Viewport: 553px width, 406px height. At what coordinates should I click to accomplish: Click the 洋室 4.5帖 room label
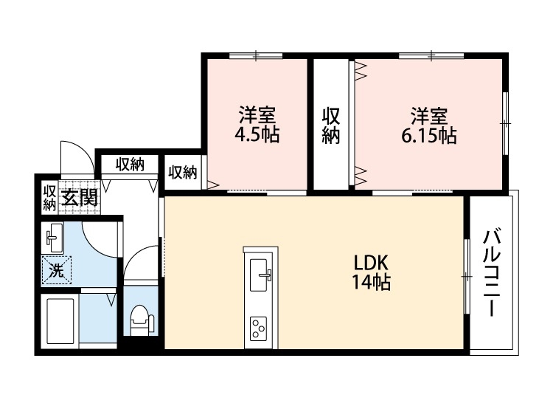(x=257, y=125)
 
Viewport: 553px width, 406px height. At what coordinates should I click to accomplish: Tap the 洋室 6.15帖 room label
(x=429, y=125)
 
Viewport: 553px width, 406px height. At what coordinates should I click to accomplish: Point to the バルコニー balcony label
(x=492, y=273)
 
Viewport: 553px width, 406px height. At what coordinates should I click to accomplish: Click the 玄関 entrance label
(x=79, y=198)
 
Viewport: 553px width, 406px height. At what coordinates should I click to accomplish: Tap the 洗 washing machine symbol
(x=57, y=269)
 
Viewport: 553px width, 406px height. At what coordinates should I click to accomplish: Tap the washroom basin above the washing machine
(x=54, y=238)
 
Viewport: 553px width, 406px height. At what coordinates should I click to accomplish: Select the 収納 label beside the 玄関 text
(x=49, y=197)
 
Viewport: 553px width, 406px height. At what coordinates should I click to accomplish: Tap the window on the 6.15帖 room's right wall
(x=506, y=123)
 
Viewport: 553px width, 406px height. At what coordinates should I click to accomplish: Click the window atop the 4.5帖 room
(x=256, y=55)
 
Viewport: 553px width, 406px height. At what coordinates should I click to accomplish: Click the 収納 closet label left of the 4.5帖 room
(x=183, y=173)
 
